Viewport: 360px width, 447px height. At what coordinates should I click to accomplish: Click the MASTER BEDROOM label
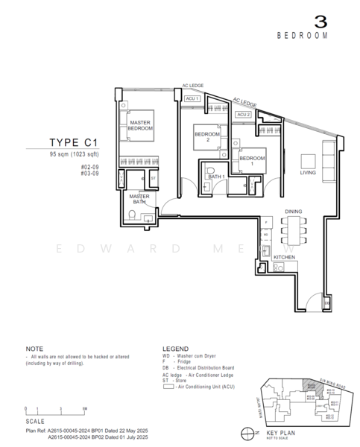140,125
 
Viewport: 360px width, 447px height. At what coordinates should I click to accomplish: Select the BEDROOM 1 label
251,159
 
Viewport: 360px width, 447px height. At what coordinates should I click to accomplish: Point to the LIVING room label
308,172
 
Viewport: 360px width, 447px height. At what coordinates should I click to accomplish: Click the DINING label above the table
293,212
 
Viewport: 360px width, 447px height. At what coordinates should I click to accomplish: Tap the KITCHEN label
285,257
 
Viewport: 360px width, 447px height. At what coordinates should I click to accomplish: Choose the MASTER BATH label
140,199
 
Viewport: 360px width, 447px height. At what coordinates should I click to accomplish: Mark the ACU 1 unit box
192,98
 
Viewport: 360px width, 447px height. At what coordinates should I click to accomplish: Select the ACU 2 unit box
242,115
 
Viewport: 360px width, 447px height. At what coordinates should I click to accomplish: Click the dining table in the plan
294,231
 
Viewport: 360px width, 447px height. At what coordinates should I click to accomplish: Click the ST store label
153,178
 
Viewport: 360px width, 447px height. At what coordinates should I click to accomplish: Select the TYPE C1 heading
74,142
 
